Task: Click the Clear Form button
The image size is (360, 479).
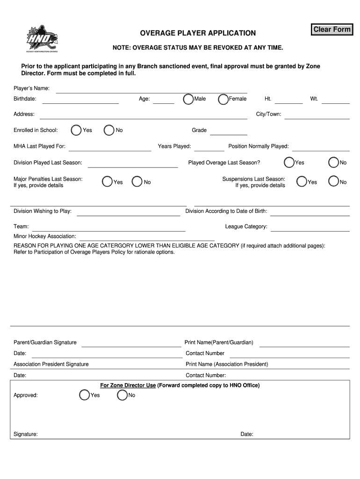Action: click(x=331, y=29)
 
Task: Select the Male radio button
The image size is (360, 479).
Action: click(x=188, y=99)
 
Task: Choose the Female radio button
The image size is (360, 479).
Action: click(x=223, y=99)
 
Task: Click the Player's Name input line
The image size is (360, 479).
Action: click(x=151, y=89)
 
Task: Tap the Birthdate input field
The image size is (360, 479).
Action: click(x=80, y=99)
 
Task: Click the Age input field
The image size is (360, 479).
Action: click(x=163, y=99)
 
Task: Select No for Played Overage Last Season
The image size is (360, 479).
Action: click(x=333, y=163)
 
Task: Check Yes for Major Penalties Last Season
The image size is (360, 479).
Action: click(x=107, y=181)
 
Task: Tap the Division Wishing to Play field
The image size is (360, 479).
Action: click(x=128, y=212)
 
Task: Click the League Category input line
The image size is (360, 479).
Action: click(x=310, y=227)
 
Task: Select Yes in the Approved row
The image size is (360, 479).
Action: click(x=84, y=395)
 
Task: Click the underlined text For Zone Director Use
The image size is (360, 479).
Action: click(x=128, y=385)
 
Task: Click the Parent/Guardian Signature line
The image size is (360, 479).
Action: click(x=131, y=343)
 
